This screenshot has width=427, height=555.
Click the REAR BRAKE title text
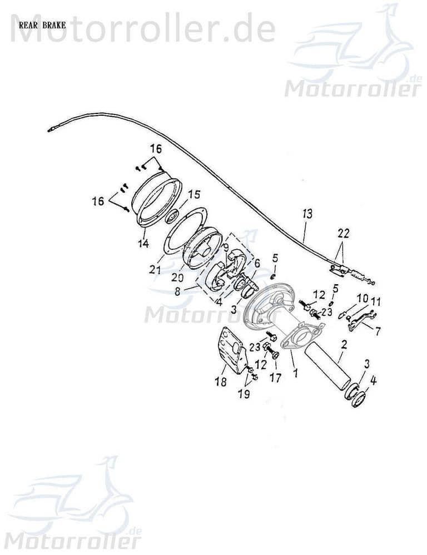click(x=42, y=25)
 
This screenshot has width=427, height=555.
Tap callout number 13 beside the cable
click(x=308, y=213)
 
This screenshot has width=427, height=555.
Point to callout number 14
click(x=143, y=243)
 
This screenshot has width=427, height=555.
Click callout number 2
click(x=344, y=345)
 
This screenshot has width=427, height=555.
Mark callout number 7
click(x=378, y=331)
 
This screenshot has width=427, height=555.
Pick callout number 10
click(x=362, y=299)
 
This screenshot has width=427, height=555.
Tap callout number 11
click(x=376, y=302)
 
